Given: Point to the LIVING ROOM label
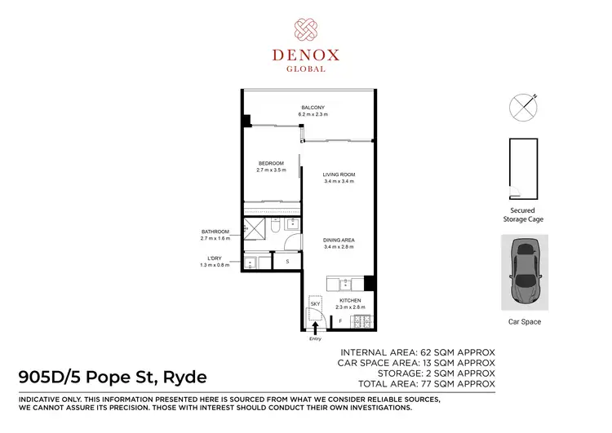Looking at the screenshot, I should click(339, 175).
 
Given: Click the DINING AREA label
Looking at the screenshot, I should click(339, 239).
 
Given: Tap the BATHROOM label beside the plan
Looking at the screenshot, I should click(215, 232).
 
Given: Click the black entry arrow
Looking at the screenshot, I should click(314, 328).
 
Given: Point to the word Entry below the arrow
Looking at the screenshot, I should click(314, 338).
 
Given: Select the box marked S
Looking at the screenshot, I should click(287, 261).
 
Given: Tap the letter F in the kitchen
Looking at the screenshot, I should click(340, 321).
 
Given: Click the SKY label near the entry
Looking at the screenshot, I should click(314, 303).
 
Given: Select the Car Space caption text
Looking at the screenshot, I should click(525, 322).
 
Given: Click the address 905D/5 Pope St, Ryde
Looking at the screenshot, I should click(113, 377).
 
